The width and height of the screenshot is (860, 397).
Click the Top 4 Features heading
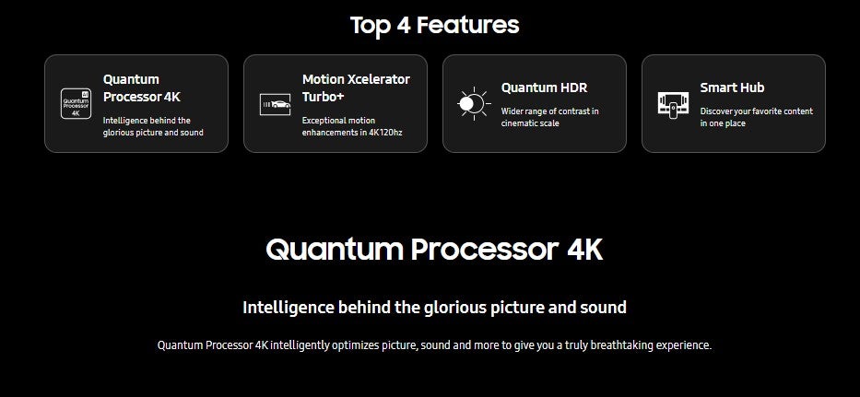pyautogui.click(x=434, y=25)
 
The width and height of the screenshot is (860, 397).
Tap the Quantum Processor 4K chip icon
pyautogui.click(x=76, y=104)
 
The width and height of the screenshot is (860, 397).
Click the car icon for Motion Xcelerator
pyautogui.click(x=275, y=104)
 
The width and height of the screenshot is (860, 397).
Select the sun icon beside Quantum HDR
pyautogui.click(x=474, y=103)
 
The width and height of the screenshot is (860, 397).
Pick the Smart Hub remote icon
pyautogui.click(x=673, y=104)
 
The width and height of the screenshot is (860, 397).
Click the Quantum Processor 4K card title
pyautogui.click(x=142, y=88)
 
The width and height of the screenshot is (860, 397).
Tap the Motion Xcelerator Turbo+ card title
pyautogui.click(x=356, y=88)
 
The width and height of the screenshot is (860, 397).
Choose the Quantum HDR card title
pyautogui.click(x=544, y=88)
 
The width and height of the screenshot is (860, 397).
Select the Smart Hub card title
pyautogui.click(x=732, y=88)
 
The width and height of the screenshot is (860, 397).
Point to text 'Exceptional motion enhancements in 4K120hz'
pyautogui.click(x=352, y=126)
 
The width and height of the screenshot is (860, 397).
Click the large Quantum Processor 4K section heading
pyautogui.click(x=434, y=250)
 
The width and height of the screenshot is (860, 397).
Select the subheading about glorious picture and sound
pyautogui.click(x=434, y=307)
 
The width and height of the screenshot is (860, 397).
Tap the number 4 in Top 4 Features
pyautogui.click(x=403, y=26)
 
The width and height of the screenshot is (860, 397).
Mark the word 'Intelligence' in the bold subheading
pyautogui.click(x=289, y=308)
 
